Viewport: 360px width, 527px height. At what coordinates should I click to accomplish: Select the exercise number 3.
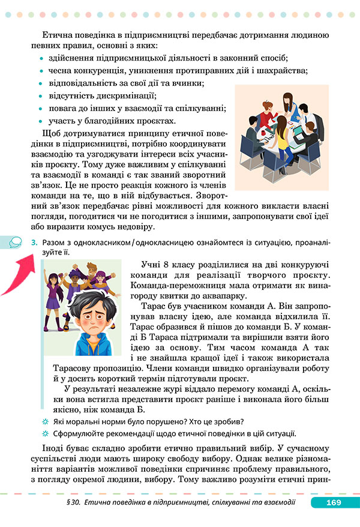point(33,242)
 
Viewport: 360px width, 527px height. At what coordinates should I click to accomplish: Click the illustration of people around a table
point(281,137)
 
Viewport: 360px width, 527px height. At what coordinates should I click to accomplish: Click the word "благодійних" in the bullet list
point(109,121)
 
